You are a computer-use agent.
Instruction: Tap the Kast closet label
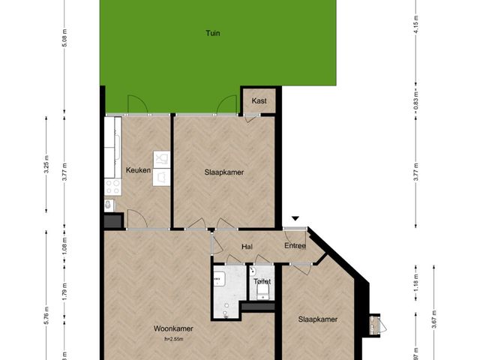click(x=259, y=100)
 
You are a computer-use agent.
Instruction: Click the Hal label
click(x=246, y=246)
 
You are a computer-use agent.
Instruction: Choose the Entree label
click(x=295, y=246)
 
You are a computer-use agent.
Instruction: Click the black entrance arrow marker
click(x=295, y=219)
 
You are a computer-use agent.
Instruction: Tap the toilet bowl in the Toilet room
click(x=262, y=295)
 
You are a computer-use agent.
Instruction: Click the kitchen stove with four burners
click(x=112, y=185)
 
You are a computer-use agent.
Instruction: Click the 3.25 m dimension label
click(x=46, y=169)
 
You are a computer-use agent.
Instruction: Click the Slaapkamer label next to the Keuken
click(x=224, y=172)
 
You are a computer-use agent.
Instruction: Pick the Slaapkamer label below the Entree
click(x=318, y=319)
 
